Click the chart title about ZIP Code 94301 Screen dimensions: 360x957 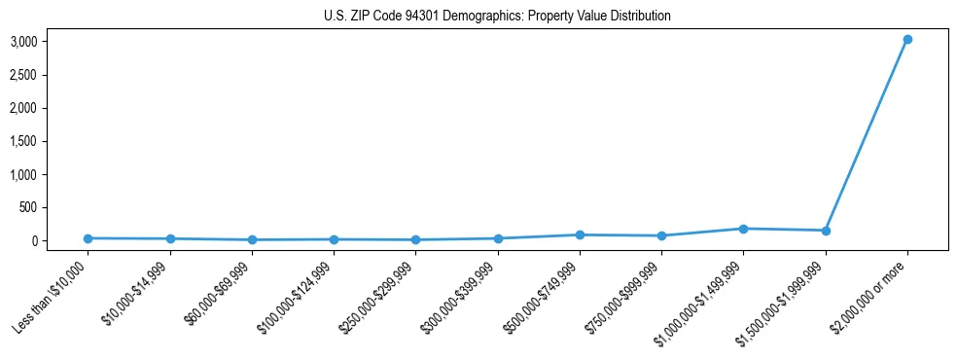pyautogui.click(x=497, y=17)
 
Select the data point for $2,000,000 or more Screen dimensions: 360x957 pyautogui.click(x=907, y=40)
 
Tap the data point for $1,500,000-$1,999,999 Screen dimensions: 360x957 pyautogui.click(x=826, y=231)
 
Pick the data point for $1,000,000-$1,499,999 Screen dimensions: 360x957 pyautogui.click(x=743, y=229)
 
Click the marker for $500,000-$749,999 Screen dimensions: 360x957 pyautogui.click(x=580, y=234)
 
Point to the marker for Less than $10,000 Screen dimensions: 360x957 pyautogui.click(x=88, y=238)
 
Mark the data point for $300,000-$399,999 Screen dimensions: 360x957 pyautogui.click(x=498, y=238)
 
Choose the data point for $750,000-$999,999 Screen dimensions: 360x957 pyautogui.click(x=661, y=235)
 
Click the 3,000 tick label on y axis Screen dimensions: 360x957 pyautogui.click(x=24, y=42)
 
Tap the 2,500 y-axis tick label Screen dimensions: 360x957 pyautogui.click(x=24, y=75)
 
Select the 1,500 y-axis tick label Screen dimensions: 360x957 pyautogui.click(x=24, y=141)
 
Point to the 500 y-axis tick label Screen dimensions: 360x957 pyautogui.click(x=29, y=207)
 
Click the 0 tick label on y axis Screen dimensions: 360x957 pyautogui.click(x=34, y=240)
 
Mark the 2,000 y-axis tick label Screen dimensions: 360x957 pyautogui.click(x=24, y=108)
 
